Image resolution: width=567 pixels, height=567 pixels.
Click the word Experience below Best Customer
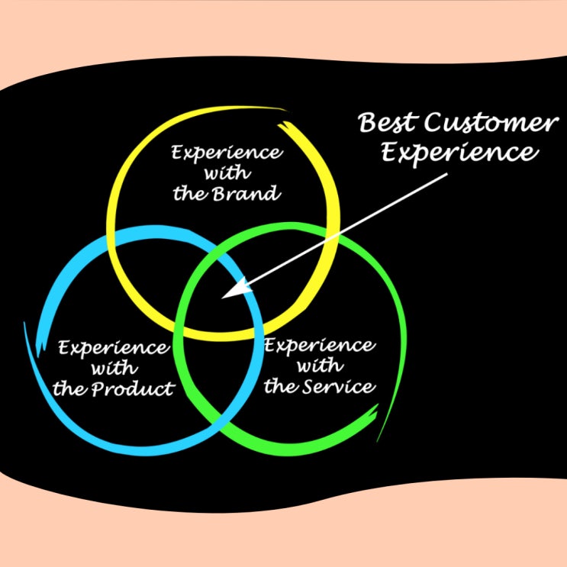click(459, 152)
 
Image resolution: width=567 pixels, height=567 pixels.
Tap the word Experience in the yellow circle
click(226, 151)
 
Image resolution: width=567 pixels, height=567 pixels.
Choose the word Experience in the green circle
click(319, 346)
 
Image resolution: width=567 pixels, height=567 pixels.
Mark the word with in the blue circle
click(114, 369)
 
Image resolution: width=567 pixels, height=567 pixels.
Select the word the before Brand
click(187, 194)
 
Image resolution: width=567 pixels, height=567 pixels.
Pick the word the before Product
click(69, 390)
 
